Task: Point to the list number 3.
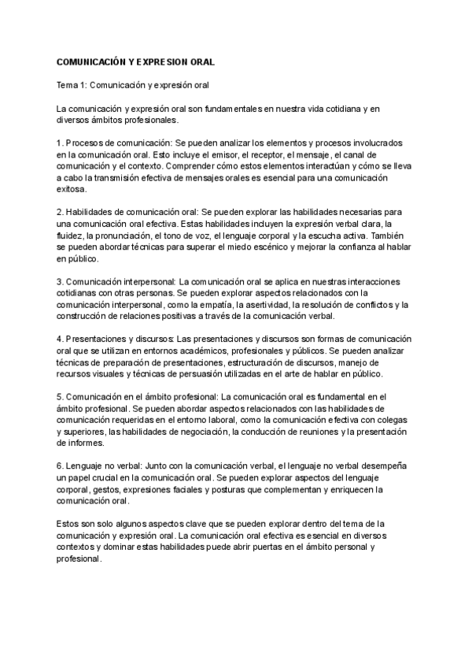60,280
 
